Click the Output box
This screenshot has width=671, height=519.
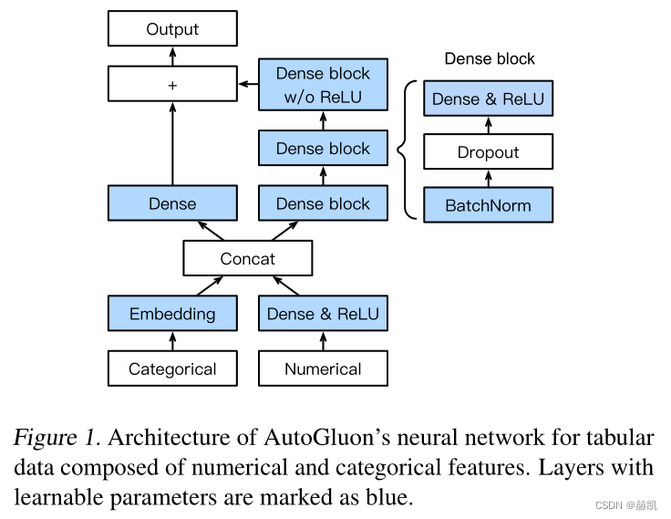pyautogui.click(x=172, y=30)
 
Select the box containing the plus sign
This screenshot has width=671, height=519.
pyautogui.click(x=172, y=85)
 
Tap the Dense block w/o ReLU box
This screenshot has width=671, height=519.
pyautogui.click(x=323, y=85)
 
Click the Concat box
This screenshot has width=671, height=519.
pyautogui.click(x=247, y=259)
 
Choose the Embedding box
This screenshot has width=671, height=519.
pyautogui.click(x=172, y=314)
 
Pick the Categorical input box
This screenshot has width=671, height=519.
pyautogui.click(x=172, y=368)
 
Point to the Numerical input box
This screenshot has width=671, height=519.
pyautogui.click(x=323, y=368)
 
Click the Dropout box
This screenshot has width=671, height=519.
pyautogui.click(x=488, y=152)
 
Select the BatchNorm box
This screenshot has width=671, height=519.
pyautogui.click(x=488, y=205)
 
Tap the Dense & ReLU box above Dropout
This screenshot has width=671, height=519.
pyautogui.click(x=488, y=99)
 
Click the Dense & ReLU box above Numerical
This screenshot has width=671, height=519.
pyautogui.click(x=323, y=314)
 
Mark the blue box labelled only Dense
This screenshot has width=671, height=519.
pyautogui.click(x=172, y=203)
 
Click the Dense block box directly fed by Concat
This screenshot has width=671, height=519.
pyautogui.click(x=323, y=203)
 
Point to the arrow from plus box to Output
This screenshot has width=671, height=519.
pyautogui.click(x=172, y=57)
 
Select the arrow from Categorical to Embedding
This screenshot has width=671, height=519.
pyautogui.click(x=172, y=341)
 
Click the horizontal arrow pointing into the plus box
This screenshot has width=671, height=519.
pyautogui.click(x=248, y=85)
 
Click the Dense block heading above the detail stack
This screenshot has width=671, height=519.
pyautogui.click(x=490, y=59)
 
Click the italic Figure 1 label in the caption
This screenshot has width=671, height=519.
pyautogui.click(x=56, y=438)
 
